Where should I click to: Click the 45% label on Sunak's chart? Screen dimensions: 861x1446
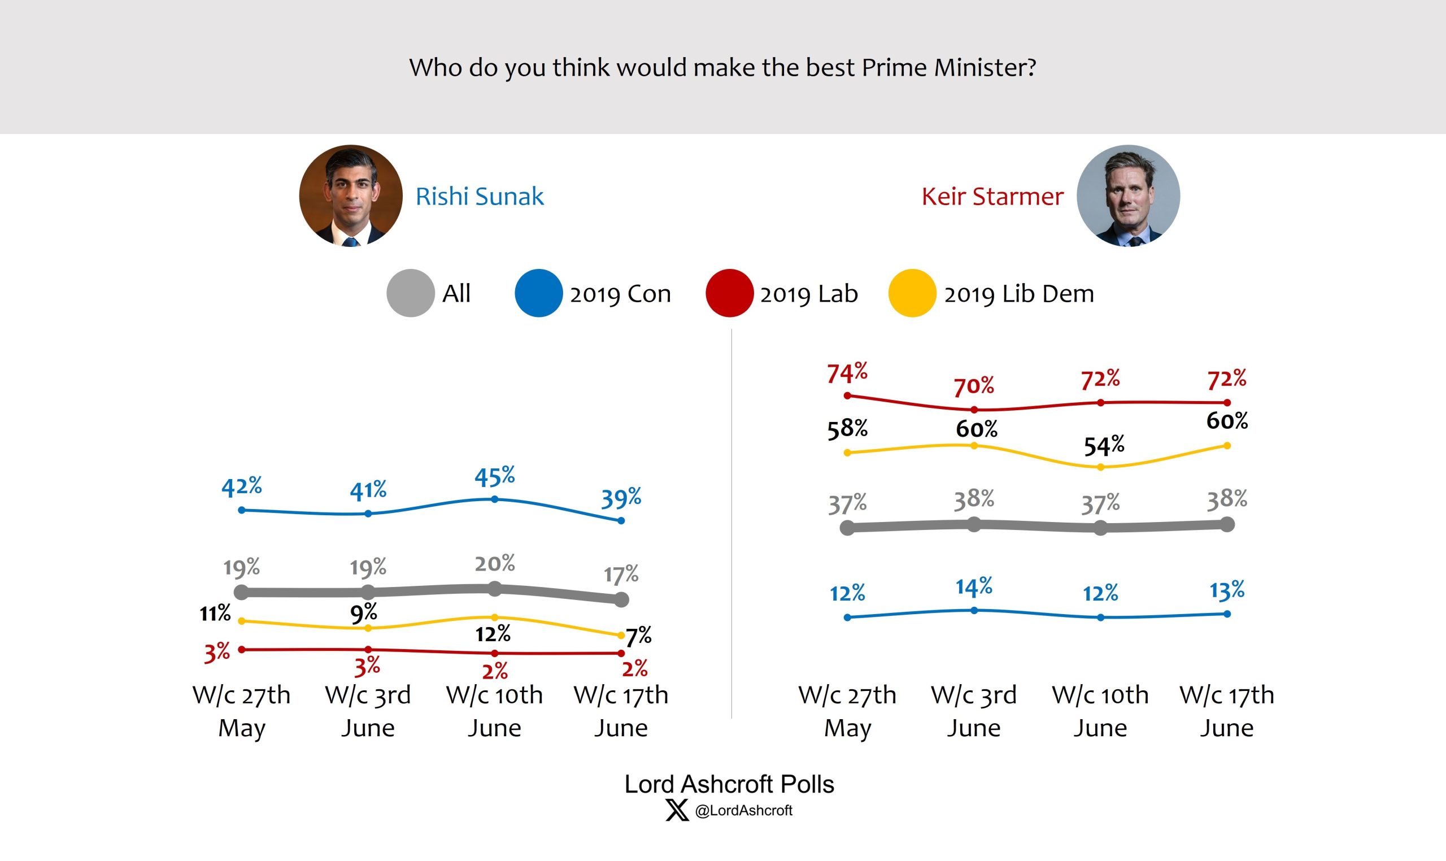pos(494,476)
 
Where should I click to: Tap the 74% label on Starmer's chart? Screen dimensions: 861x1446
pos(847,372)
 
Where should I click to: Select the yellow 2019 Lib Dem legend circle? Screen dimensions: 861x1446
pos(912,293)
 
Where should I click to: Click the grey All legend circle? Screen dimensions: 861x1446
pos(410,293)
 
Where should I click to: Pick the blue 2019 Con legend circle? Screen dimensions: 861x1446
pos(538,293)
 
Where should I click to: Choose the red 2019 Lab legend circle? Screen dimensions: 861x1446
pos(729,293)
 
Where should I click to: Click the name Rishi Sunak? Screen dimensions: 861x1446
pos(479,197)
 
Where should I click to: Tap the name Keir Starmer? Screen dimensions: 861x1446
pos(992,197)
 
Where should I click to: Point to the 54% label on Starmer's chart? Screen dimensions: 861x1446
pos(1104,446)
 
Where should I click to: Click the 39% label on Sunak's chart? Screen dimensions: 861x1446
pos(621,498)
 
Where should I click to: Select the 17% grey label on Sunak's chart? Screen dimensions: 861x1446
pos(621,575)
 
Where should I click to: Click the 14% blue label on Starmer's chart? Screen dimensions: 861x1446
pos(974,587)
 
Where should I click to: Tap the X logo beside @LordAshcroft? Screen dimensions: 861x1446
pos(676,810)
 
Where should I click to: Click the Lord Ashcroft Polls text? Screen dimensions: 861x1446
pos(729,784)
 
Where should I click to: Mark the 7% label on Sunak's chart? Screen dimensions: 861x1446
pos(638,637)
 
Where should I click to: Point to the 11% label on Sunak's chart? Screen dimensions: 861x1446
pos(215,613)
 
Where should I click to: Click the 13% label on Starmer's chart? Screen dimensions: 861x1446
pos(1227,590)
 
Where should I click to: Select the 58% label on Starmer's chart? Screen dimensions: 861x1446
pos(847,429)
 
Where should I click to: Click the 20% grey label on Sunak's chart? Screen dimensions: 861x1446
pos(494,563)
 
